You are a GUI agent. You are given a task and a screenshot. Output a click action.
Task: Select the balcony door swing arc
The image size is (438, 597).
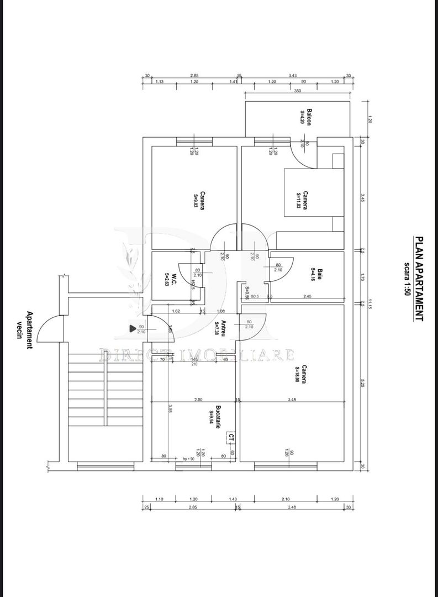tap(303, 155)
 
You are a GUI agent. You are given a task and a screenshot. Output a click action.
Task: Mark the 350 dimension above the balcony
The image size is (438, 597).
tap(297, 91)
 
